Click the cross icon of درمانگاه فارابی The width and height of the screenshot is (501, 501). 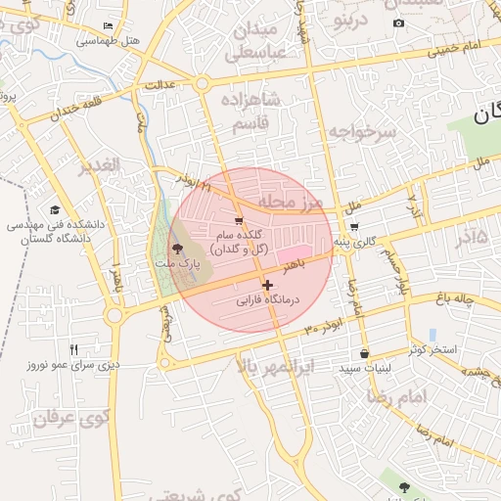point(267,285)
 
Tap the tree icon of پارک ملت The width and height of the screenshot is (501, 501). point(177,249)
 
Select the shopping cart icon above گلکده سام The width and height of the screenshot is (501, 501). point(240,221)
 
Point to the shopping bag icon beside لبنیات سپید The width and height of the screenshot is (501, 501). point(364,353)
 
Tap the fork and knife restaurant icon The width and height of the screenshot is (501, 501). point(73,349)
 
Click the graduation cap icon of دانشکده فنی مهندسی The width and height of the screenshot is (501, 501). point(55,209)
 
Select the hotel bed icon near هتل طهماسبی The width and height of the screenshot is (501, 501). point(107,25)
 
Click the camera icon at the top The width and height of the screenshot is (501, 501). point(398,23)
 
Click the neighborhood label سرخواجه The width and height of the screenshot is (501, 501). point(361,131)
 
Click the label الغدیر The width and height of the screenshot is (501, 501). point(100,165)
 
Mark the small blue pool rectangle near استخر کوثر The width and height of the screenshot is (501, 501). point(433,335)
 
